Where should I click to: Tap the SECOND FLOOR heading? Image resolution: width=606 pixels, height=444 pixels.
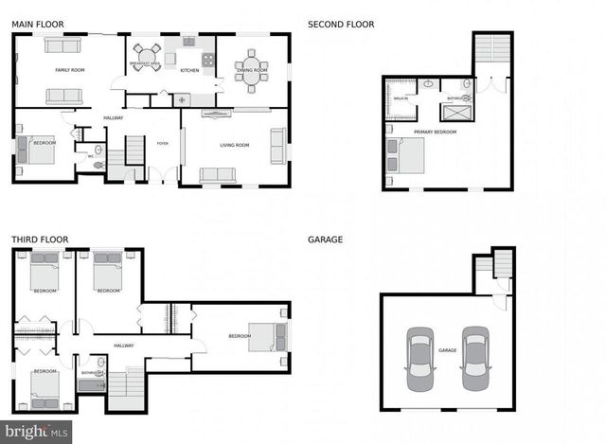pos(341,24)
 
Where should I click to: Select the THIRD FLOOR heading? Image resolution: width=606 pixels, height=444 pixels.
pos(39,240)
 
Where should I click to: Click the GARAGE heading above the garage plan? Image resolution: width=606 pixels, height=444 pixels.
pos(325,240)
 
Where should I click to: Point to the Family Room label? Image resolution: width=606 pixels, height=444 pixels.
pos(69,70)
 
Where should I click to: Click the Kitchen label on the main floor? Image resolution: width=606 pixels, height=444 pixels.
pos(190,70)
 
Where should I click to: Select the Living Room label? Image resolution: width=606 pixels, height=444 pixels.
pos(235,145)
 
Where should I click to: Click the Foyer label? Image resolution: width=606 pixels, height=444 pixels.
pos(162,145)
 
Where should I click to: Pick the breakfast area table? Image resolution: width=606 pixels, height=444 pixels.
pos(147,56)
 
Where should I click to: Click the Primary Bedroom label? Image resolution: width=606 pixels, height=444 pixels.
pos(435,132)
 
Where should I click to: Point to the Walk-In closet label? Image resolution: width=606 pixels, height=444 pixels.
pos(401,98)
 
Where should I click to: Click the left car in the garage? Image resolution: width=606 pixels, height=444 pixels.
pos(419,359)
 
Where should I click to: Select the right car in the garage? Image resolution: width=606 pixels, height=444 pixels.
pos(474,359)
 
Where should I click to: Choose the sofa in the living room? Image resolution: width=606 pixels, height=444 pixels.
pos(218,174)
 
